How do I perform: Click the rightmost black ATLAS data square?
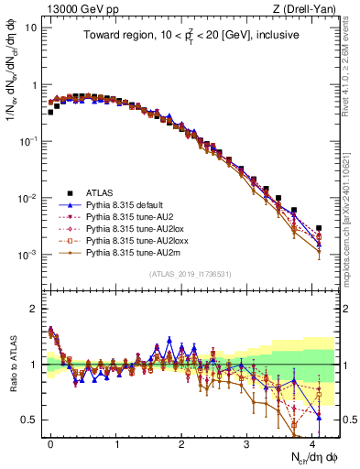318,228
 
